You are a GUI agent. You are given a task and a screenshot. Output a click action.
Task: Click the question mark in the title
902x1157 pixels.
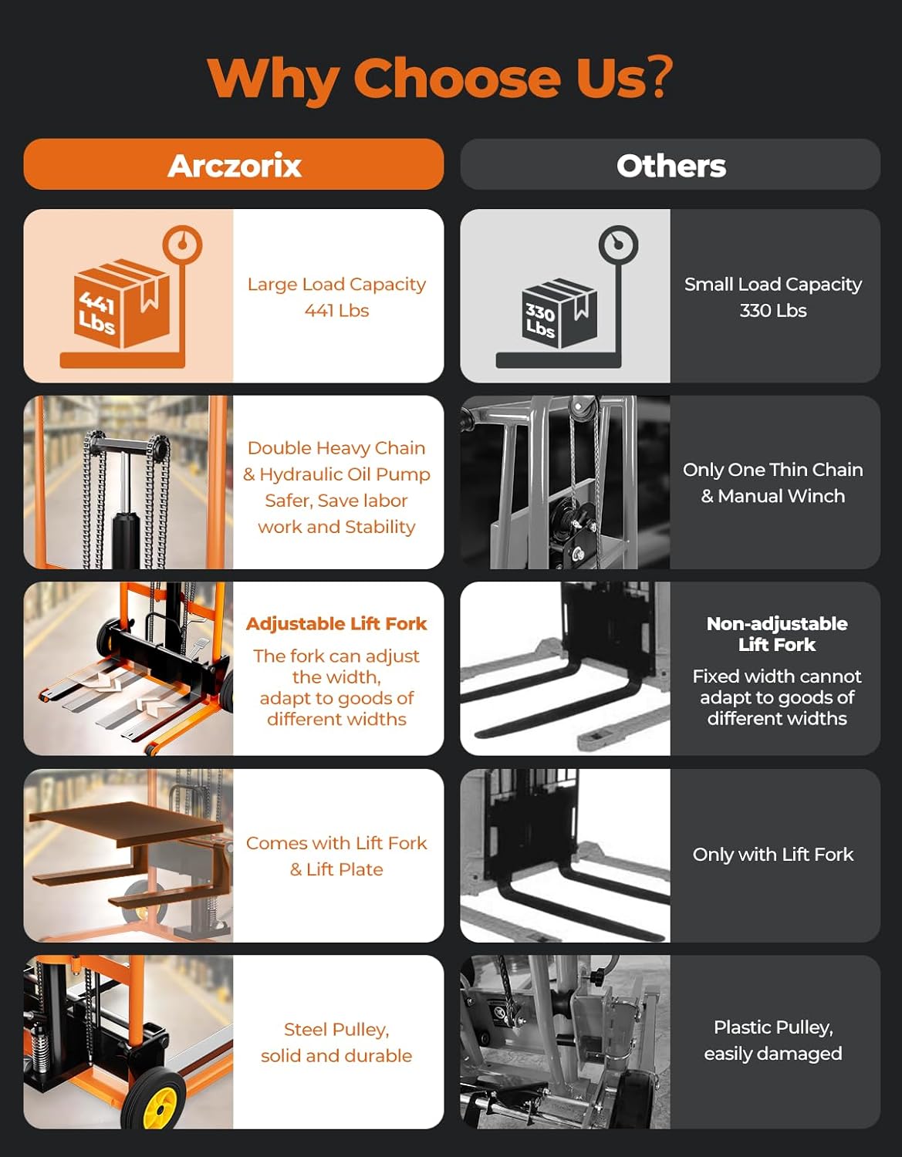pyautogui.click(x=660, y=78)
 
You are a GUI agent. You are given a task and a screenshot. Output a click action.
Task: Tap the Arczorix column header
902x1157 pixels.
pyautogui.click(x=234, y=165)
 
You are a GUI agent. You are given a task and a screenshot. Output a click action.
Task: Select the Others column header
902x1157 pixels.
pyautogui.click(x=670, y=165)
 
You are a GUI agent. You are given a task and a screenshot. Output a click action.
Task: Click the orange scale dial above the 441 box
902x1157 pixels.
pyautogui.click(x=182, y=245)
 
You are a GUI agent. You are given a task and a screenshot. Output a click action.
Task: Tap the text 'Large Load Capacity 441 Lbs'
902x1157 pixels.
pyautogui.click(x=336, y=297)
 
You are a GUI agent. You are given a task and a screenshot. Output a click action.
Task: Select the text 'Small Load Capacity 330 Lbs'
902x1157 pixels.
pyautogui.click(x=772, y=297)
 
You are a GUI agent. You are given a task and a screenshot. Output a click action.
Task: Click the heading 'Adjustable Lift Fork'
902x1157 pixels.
pyautogui.click(x=336, y=623)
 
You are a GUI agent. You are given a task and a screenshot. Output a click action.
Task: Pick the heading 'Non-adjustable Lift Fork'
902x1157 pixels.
pyautogui.click(x=776, y=634)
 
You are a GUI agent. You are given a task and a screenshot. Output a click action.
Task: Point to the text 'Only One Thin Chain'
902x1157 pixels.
pyautogui.click(x=772, y=470)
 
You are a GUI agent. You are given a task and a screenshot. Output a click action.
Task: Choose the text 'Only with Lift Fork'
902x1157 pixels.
pyautogui.click(x=772, y=855)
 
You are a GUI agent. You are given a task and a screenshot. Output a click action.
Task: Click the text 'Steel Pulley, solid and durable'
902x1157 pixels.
pyautogui.click(x=336, y=1042)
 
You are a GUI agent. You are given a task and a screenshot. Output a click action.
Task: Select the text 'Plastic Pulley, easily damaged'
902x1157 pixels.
pyautogui.click(x=772, y=1040)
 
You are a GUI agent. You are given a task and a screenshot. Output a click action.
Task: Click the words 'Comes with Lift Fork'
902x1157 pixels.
pyautogui.click(x=336, y=843)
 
